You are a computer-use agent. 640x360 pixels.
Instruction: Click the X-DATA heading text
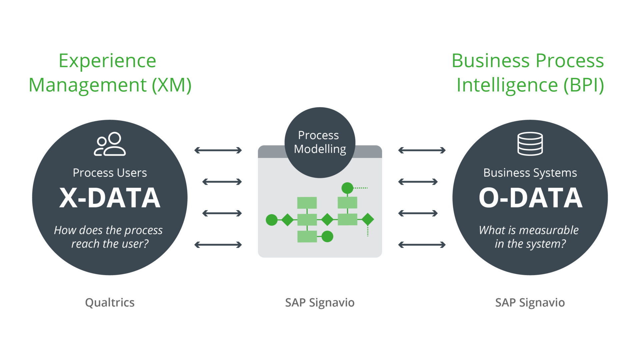pos(110,198)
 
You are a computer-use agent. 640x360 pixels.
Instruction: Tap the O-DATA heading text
pos(530,198)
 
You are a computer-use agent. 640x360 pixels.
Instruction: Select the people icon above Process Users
pos(110,144)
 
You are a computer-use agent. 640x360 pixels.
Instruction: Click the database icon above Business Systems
pos(530,144)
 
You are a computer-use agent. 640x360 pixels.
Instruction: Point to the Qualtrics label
pos(110,302)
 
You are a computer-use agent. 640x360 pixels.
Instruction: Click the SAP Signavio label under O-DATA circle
pos(530,302)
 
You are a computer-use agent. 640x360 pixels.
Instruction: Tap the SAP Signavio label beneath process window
pos(320,302)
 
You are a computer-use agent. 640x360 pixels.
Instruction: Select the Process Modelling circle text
pos(319,142)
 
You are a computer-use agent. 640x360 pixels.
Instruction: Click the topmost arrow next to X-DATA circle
pos(218,150)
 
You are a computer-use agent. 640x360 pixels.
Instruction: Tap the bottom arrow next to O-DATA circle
pos(422,245)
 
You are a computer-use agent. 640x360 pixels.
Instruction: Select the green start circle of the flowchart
pos(271,220)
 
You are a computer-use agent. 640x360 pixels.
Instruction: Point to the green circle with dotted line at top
pos(347,188)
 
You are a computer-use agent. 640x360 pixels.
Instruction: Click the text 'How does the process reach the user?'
pos(109,237)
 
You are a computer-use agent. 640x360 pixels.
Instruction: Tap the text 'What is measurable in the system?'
pos(529,237)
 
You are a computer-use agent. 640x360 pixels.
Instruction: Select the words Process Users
pos(110,173)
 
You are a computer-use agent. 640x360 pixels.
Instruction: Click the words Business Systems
pos(530,173)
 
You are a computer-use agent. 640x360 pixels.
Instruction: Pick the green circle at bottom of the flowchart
pos(327,237)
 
